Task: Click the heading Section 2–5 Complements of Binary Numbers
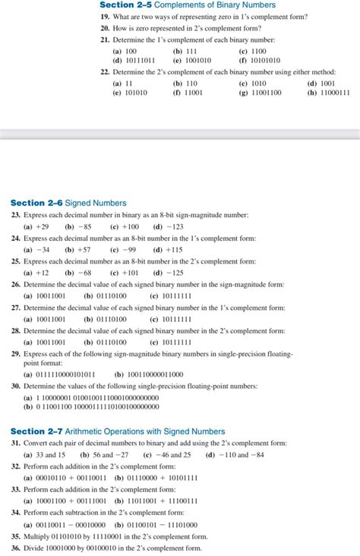pyautogui.click(x=188, y=5)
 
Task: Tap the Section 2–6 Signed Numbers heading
pyautogui.click(x=68, y=203)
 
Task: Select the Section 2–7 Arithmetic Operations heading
pyautogui.click(x=118, y=431)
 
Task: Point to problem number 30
pyautogui.click(x=15, y=386)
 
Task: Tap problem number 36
pyautogui.click(x=15, y=548)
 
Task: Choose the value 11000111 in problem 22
pyautogui.click(x=333, y=93)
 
